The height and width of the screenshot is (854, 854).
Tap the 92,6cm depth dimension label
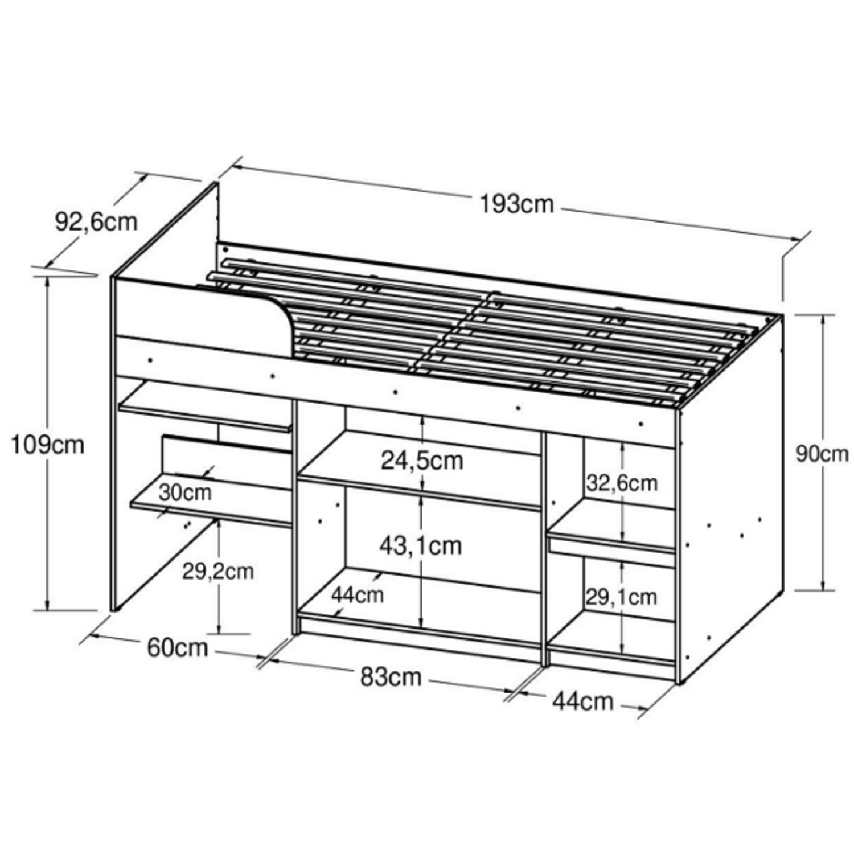(x=96, y=221)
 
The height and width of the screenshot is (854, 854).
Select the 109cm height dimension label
(x=48, y=445)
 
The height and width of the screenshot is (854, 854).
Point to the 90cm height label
(x=822, y=454)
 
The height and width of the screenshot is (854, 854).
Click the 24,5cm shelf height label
(x=422, y=460)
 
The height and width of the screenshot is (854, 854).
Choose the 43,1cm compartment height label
(x=421, y=545)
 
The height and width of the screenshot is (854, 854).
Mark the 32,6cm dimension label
(x=622, y=483)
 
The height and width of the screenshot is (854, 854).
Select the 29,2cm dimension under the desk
(x=218, y=571)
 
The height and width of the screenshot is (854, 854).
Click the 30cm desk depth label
(x=185, y=492)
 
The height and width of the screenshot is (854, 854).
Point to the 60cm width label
(x=178, y=647)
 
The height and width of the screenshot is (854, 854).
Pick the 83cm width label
(x=391, y=676)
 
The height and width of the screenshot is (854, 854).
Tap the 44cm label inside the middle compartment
(x=358, y=595)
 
